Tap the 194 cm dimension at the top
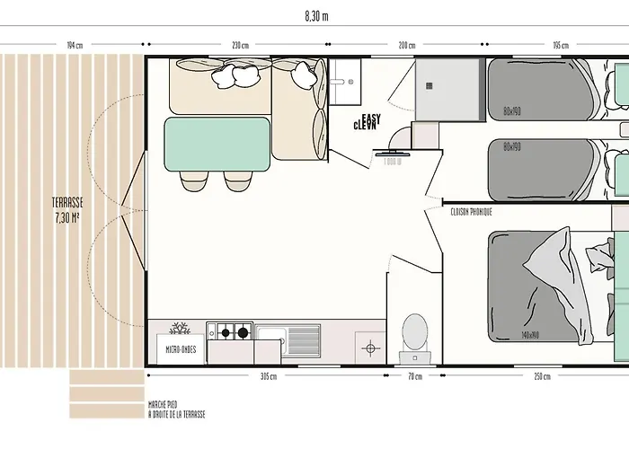tap(75, 45)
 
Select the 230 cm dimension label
tap(240, 45)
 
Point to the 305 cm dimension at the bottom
tap(267, 377)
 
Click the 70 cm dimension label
tap(415, 377)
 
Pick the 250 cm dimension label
tap(542, 377)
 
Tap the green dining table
tap(217, 144)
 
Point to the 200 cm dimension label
tap(406, 45)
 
